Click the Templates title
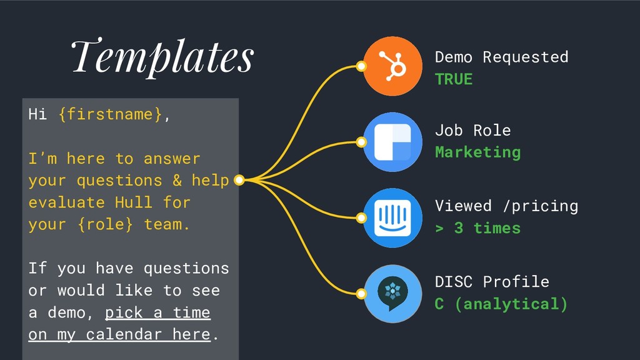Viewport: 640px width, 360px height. coord(162,57)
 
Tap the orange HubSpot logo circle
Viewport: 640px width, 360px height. coord(392,66)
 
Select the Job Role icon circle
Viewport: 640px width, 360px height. coord(392,142)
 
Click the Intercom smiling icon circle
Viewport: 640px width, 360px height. coord(392,218)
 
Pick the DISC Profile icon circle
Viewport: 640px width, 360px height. coord(392,294)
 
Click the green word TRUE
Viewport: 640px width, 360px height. coord(454,79)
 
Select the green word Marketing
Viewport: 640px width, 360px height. coord(477,152)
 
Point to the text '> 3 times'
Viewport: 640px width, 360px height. coord(477,228)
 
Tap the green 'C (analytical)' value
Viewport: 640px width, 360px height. coord(501,304)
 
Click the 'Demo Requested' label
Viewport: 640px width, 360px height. coord(501,57)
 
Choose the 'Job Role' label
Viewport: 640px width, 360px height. coord(472,130)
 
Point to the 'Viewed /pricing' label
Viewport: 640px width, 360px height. coord(506,206)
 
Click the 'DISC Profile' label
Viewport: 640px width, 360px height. coord(492,282)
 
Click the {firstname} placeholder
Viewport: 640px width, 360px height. coord(110,114)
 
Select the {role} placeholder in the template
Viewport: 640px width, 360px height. coord(105,224)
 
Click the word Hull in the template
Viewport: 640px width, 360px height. coord(134,202)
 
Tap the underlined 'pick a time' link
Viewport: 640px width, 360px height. coord(157,312)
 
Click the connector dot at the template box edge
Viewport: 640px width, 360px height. coord(239,179)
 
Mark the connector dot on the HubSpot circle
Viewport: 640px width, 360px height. coord(361,66)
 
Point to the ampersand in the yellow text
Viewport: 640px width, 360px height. coord(177,181)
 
